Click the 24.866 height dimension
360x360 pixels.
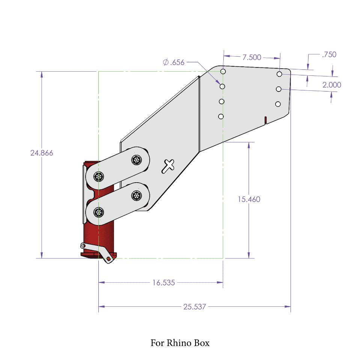coord(42,153)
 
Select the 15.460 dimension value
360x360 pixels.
coord(249,199)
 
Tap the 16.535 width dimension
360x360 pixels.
coord(163,283)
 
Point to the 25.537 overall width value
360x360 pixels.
coord(194,307)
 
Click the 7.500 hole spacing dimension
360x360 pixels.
coord(252,57)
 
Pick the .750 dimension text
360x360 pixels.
coord(329,54)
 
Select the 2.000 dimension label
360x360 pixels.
coord(332,85)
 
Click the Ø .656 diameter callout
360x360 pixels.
coord(174,62)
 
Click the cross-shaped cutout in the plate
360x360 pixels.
coord(168,165)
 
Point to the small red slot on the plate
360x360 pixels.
coord(265,120)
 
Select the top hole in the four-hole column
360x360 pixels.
coord(223,71)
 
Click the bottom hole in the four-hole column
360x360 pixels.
coord(221,117)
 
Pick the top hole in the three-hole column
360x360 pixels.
coord(279,74)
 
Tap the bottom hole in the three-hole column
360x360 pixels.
coord(278,104)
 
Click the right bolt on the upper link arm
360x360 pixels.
coord(136,160)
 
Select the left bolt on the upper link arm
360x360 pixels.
coord(99,176)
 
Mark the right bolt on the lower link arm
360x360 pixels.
coord(136,195)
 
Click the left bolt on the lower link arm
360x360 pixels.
coord(99,212)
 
